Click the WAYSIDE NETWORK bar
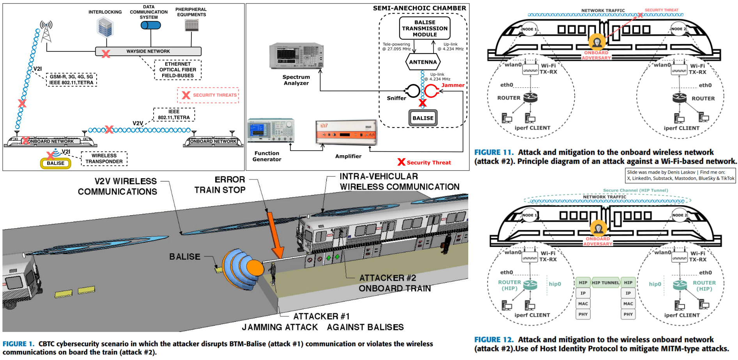click(148, 51)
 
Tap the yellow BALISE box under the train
click(55, 163)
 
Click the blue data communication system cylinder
click(150, 25)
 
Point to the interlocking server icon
click(105, 27)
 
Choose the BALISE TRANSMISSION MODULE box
click(425, 28)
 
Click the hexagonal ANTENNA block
click(423, 62)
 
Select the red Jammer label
click(453, 85)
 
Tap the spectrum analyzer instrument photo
click(296, 56)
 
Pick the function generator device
click(271, 131)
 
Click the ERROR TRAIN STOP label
click(220, 185)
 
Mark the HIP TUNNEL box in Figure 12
click(605, 283)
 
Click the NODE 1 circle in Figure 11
click(529, 29)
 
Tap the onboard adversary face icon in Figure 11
click(596, 42)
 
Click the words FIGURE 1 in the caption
click(18, 344)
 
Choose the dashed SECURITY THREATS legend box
click(208, 95)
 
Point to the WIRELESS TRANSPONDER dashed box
click(104, 158)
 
